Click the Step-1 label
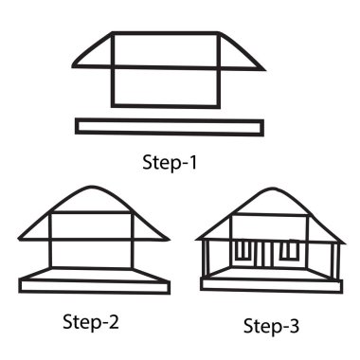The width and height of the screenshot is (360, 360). point(170,163)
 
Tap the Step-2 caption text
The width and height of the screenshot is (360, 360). point(91,322)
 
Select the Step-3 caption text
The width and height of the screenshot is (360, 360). point(271,326)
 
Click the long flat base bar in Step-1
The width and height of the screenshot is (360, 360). point(170,127)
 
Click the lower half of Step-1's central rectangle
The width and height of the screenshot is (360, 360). point(165,87)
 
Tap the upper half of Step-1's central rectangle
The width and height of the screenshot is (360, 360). point(165,50)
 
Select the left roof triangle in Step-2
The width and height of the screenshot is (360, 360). point(37,229)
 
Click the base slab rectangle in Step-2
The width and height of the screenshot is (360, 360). point(95,287)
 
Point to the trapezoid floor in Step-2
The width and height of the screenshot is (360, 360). point(94,275)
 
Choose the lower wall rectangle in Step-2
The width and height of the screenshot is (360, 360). point(91,254)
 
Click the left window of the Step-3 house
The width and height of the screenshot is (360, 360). point(243,251)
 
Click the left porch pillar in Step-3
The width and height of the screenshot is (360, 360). point(206,259)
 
